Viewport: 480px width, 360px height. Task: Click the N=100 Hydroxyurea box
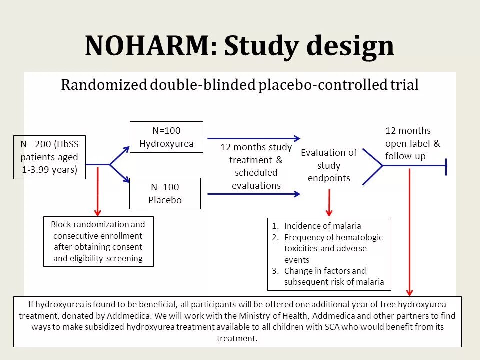tap(166, 137)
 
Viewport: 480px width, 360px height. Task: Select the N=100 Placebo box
tap(165, 194)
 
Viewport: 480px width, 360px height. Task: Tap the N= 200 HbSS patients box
tap(49, 157)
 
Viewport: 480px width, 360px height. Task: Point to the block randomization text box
tap(98, 241)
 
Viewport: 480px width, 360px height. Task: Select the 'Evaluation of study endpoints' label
tap(329, 165)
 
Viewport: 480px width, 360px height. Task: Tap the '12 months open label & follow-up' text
tap(412, 143)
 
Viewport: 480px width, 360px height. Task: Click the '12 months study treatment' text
tap(256, 166)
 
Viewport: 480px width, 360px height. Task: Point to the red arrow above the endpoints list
tap(329, 201)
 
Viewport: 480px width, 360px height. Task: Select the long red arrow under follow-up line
tap(410, 232)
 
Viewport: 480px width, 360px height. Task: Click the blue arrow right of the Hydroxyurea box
tap(254, 138)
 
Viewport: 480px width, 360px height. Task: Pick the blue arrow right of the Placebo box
tap(254, 194)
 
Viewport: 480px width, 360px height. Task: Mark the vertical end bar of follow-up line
tap(445, 165)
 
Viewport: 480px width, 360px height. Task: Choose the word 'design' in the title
tap(350, 46)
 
